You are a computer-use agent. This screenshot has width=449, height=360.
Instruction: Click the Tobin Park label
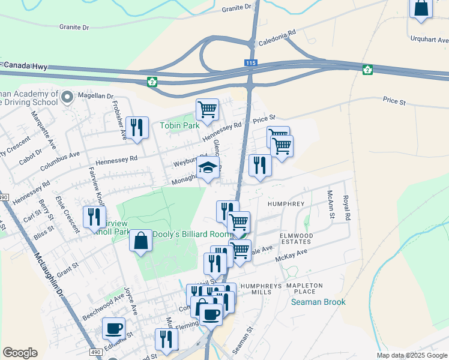pyautogui.click(x=179, y=126)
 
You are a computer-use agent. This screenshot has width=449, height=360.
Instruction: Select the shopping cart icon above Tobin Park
pyautogui.click(x=207, y=110)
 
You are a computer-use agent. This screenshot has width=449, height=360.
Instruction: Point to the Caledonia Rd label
pyautogui.click(x=277, y=40)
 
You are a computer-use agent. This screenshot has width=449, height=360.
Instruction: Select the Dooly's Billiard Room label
pyautogui.click(x=192, y=234)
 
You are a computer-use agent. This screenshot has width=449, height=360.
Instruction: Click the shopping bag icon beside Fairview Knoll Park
pyautogui.click(x=140, y=241)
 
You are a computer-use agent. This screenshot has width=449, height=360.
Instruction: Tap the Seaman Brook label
pyautogui.click(x=318, y=302)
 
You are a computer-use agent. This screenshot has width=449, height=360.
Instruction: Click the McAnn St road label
pyautogui.click(x=330, y=205)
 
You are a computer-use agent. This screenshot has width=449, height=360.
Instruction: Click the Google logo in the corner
pyautogui.click(x=20, y=353)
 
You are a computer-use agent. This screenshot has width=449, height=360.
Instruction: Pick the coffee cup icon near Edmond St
pyautogui.click(x=113, y=328)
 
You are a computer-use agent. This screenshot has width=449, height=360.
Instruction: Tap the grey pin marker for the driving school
pyautogui.click(x=67, y=96)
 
